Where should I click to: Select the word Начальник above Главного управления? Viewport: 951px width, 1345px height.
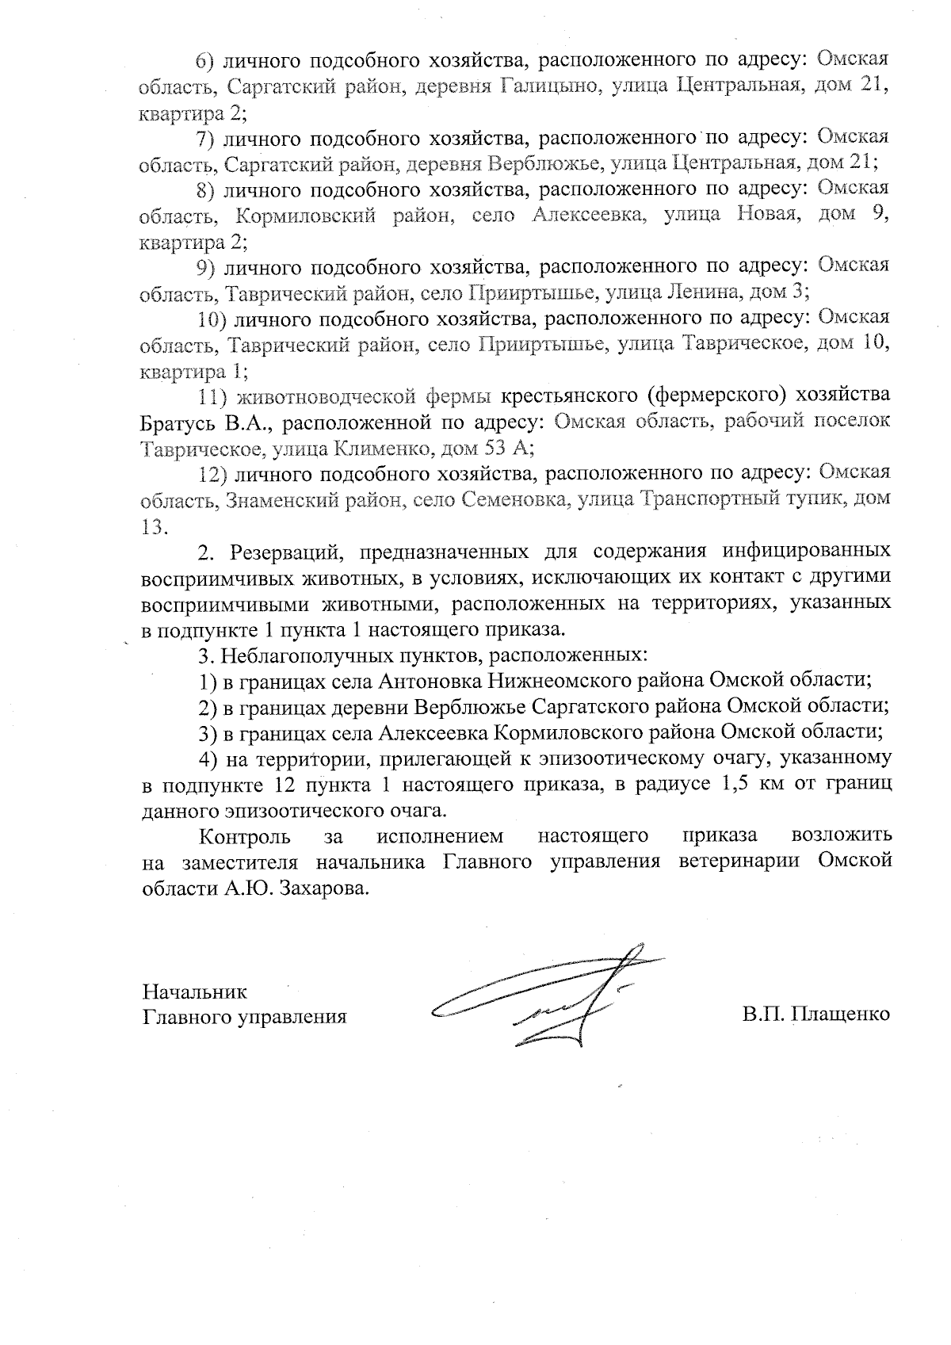195,991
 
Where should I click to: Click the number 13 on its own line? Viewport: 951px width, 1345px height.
155,526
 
